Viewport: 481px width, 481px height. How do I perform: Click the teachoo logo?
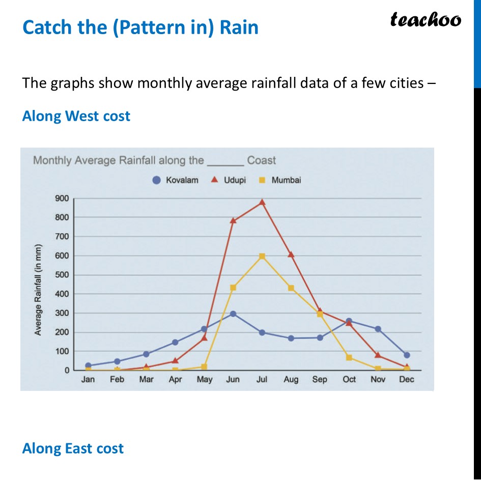[x=426, y=20]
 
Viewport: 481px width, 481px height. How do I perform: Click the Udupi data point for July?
[x=262, y=202]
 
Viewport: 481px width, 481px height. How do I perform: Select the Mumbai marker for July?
[x=262, y=256]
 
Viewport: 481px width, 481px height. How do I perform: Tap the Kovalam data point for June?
[x=233, y=314]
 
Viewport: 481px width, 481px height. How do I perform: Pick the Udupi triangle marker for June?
[x=233, y=220]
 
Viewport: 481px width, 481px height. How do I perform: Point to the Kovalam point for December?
[x=407, y=355]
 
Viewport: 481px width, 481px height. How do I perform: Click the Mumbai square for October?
[x=349, y=358]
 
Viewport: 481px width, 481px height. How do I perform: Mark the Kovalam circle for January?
[x=89, y=365]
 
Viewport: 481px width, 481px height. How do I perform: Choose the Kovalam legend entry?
[x=176, y=180]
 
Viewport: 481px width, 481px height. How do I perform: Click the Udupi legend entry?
[x=229, y=180]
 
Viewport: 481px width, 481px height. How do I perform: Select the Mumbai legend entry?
[x=280, y=180]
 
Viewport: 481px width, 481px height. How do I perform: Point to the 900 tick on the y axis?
[x=62, y=199]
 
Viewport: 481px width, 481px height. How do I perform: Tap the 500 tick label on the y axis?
[x=62, y=275]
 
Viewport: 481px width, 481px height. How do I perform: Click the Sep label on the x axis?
[x=320, y=380]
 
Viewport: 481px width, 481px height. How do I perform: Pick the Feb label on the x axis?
[x=117, y=380]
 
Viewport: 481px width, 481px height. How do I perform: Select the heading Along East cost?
[x=73, y=448]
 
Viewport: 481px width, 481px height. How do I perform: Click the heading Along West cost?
[x=76, y=116]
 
